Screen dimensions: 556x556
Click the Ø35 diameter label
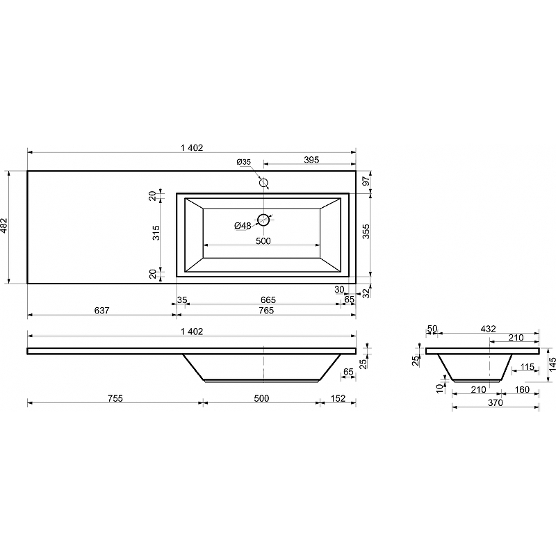coord(244,162)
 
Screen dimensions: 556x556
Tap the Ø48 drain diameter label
coord(243,225)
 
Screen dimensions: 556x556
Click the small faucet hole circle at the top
coord(263,183)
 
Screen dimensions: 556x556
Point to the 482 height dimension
coord(3,225)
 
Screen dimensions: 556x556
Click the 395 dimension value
coord(311,160)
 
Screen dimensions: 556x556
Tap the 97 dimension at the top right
coord(366,181)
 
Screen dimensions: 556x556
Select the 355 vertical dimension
coord(366,231)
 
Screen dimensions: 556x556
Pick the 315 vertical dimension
coord(156,233)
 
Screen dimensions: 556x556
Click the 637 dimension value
coord(101,310)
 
